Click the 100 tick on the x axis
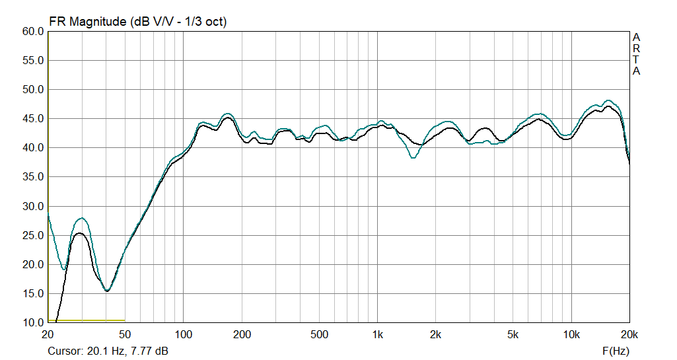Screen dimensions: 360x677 click(x=184, y=335)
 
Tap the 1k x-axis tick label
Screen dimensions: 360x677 click(x=377, y=335)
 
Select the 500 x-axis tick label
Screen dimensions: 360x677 click(x=319, y=335)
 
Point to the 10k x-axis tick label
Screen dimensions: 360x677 click(x=571, y=335)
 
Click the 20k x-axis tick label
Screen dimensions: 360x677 click(x=629, y=335)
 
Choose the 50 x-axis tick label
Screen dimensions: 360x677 click(x=125, y=335)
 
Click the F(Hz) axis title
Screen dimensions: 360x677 click(x=616, y=351)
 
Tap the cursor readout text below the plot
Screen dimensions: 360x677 click(x=108, y=351)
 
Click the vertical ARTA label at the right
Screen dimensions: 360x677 click(x=636, y=54)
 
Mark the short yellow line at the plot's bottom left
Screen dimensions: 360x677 click(x=86, y=320)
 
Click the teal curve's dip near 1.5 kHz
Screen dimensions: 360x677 click(x=413, y=158)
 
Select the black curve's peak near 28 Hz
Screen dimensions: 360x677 click(x=79, y=233)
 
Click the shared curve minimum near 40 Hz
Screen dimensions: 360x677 click(x=107, y=291)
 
